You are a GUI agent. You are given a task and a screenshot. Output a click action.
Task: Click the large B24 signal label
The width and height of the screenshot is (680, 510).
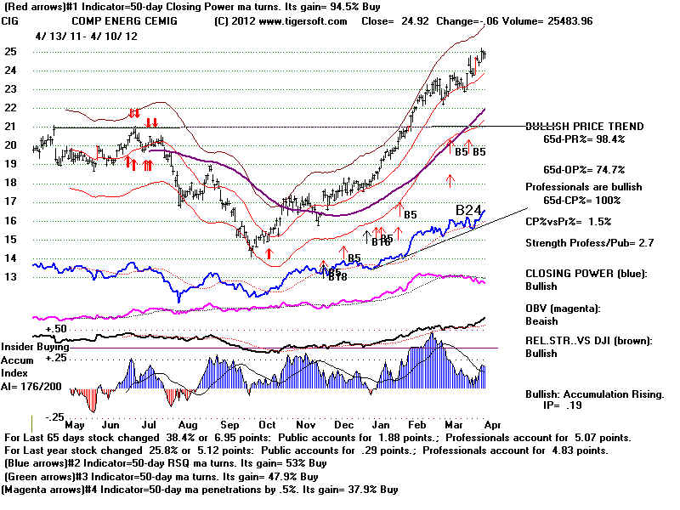(469, 210)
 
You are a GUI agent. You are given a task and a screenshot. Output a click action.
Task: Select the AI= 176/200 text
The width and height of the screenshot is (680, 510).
(36, 385)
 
